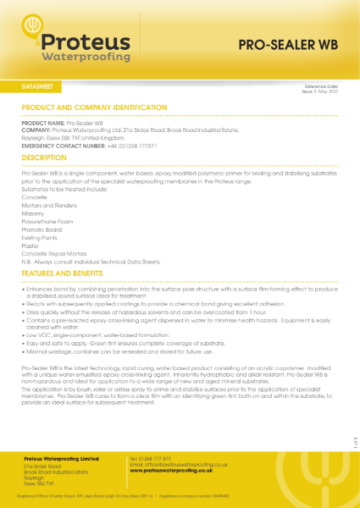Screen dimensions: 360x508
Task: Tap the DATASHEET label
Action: point(38,86)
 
